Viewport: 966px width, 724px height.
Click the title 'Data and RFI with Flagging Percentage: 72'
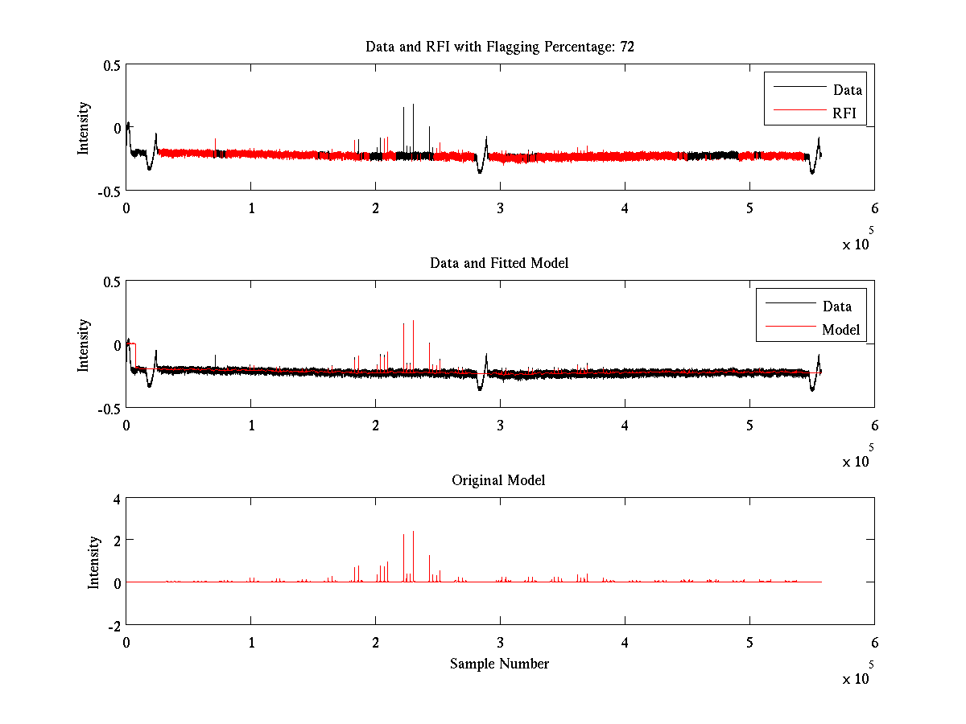point(500,47)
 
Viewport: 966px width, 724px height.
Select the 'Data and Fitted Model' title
point(499,263)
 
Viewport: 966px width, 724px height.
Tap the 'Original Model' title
point(498,480)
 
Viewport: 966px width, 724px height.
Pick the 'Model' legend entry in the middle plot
point(840,329)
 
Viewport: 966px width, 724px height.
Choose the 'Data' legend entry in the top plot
point(847,90)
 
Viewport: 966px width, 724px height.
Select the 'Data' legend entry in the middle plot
point(836,306)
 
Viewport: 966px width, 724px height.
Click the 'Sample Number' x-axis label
point(499,664)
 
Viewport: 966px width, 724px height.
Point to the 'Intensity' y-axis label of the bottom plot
point(94,562)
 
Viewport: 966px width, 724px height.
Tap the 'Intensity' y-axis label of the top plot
point(84,128)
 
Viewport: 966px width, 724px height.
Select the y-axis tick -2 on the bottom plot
point(113,625)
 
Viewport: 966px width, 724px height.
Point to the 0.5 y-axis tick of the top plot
point(111,65)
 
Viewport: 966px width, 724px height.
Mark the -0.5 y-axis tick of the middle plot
point(109,409)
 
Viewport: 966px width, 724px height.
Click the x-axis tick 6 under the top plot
point(874,208)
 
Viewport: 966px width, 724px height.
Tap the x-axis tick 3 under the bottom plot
point(500,642)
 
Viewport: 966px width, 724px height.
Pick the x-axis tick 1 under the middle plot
point(251,425)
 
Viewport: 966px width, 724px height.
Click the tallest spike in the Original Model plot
point(413,533)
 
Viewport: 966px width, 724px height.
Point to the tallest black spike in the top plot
point(413,105)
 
